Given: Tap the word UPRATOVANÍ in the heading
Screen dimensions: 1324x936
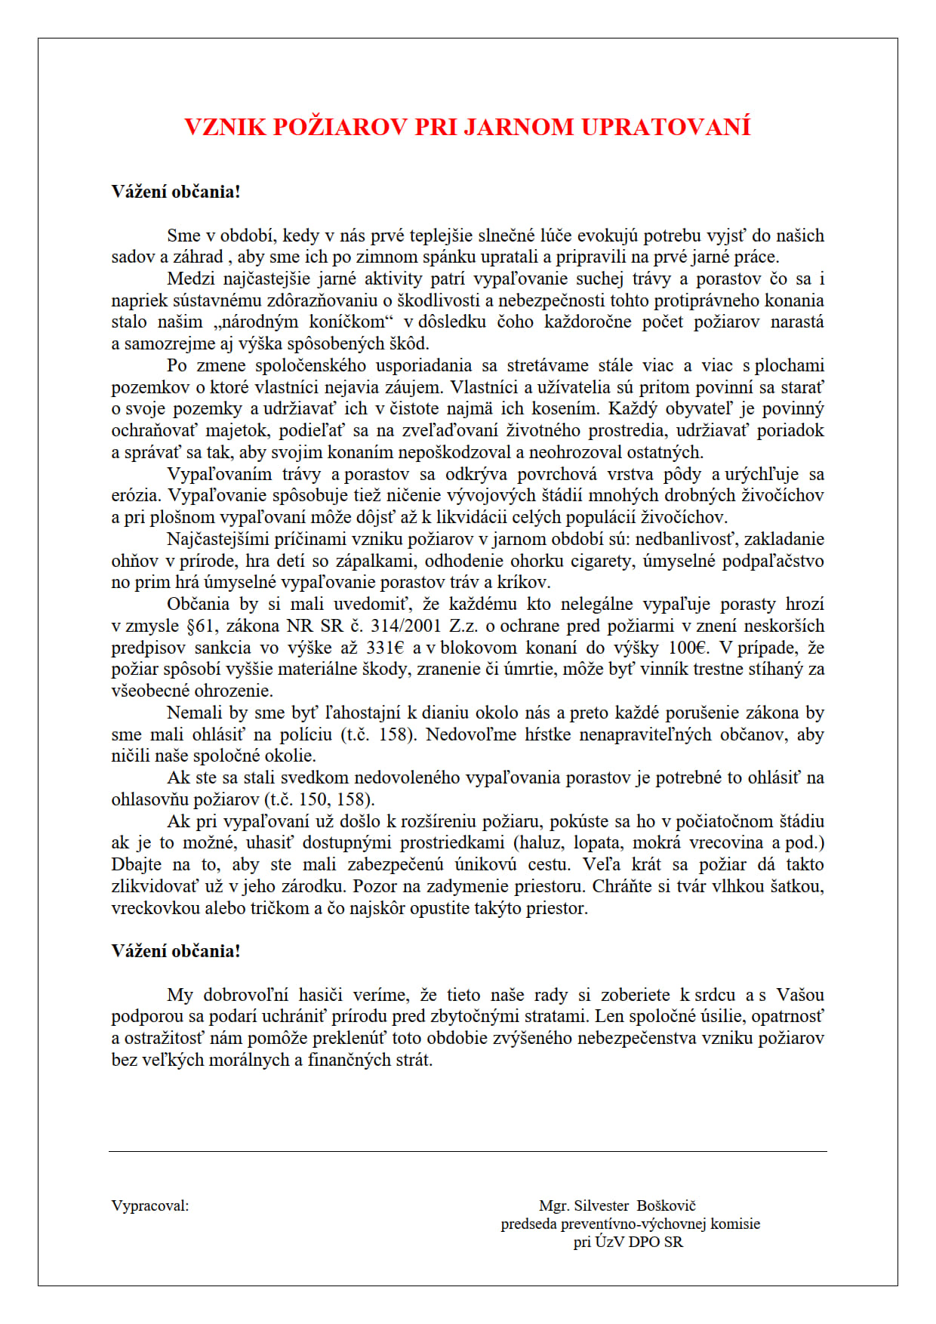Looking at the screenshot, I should tap(666, 127).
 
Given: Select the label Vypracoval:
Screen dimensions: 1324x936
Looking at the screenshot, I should tap(150, 1205).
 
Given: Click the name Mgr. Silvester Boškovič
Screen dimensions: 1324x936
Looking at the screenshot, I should tap(617, 1205).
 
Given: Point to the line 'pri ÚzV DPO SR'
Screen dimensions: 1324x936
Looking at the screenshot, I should tap(628, 1242).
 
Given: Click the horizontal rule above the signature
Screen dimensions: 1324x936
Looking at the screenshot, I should tap(468, 1151).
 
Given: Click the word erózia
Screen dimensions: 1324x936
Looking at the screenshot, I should tap(135, 495).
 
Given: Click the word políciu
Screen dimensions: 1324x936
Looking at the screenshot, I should tap(306, 734).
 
